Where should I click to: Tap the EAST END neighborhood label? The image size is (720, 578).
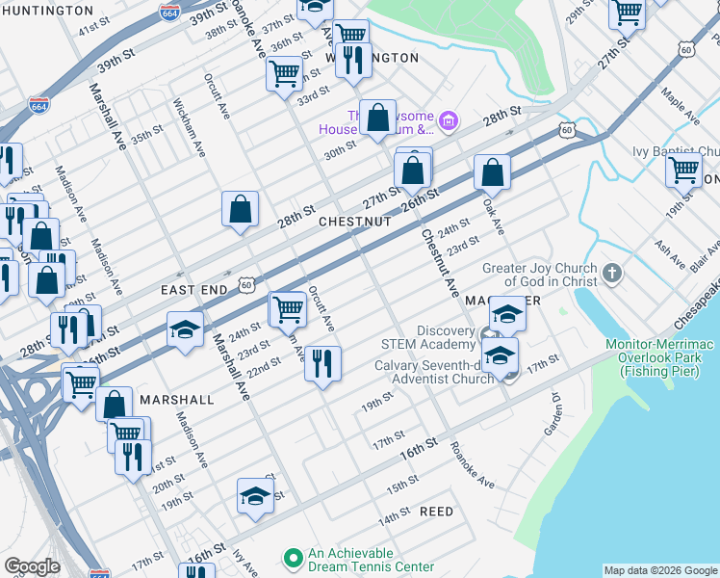coord(193,289)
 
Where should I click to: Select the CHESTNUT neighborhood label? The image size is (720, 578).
coord(355,222)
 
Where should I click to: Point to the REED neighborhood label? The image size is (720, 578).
coord(436,512)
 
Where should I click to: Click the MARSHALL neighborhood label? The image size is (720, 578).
coord(176,399)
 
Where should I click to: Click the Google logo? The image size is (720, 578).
coord(32,566)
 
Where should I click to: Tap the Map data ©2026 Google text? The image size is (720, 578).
coord(660,570)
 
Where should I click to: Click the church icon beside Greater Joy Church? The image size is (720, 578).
coord(611,276)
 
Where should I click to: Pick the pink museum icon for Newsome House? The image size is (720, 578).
coord(448,120)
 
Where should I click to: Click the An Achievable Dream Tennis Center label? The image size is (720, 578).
coord(365,560)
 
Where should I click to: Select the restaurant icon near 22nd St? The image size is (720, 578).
coord(322,363)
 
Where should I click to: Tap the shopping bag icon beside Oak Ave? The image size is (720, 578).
coord(491,172)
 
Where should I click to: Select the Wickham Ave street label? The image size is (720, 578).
coord(189,126)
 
